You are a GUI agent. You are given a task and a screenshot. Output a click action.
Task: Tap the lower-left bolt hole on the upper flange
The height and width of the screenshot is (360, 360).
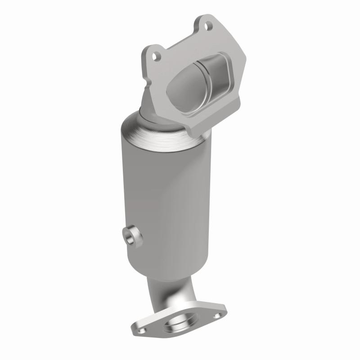[x=156, y=57]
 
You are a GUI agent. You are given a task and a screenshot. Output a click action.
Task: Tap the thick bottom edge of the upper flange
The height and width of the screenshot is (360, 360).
[x=202, y=126]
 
